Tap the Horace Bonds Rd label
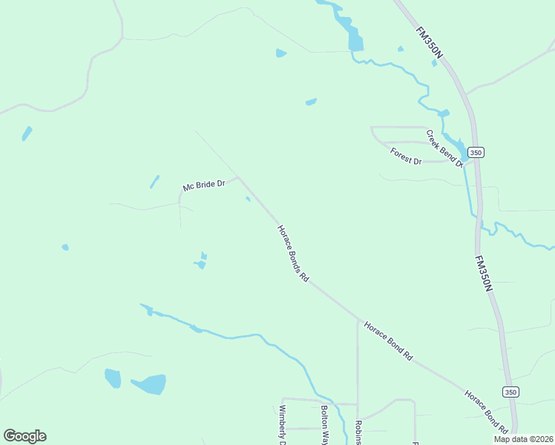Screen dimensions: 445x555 click(292, 254)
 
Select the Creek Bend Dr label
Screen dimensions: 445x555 click(444, 148)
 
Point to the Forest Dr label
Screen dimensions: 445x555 click(406, 156)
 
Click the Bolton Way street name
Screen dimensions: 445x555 click(324, 423)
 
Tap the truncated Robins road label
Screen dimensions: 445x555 click(358, 432)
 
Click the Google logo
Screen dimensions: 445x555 click(24, 436)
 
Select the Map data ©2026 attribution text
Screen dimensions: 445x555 click(523, 439)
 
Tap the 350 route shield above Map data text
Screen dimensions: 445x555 click(510, 392)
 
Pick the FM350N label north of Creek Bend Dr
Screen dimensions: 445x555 click(431, 44)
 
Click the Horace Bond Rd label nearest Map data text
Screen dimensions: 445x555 click(486, 411)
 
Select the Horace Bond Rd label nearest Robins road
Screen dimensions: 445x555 click(387, 340)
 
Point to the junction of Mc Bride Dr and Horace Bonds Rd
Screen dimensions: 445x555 click(238, 177)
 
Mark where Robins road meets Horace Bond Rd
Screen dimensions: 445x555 click(358, 320)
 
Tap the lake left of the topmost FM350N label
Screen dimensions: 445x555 click(355, 39)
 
